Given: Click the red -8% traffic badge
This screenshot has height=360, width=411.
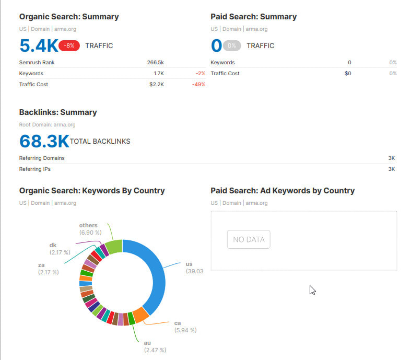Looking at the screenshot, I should tap(69, 45).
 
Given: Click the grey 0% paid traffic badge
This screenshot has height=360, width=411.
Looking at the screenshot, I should tap(232, 45).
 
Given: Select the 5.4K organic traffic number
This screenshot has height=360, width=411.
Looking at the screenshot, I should tap(38, 46).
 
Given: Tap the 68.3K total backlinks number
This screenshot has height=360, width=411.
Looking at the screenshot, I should tap(44, 141).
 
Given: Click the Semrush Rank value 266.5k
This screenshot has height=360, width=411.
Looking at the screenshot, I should tap(156, 62).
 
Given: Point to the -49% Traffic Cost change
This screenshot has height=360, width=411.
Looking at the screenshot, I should tap(198, 84).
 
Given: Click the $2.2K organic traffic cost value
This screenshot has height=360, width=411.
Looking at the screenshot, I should tap(157, 84).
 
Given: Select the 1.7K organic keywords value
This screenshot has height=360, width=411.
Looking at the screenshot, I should tap(159, 73).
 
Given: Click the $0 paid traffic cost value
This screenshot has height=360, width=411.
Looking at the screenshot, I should tap(348, 73).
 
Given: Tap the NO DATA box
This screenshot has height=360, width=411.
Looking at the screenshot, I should tap(249, 240).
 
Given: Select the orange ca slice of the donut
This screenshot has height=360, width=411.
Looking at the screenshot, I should tap(140, 315).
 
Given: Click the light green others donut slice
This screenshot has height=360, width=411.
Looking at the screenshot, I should tap(114, 246).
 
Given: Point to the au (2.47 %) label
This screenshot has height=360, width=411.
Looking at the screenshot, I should tap(155, 346).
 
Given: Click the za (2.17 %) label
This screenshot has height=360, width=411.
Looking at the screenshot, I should tap(48, 269).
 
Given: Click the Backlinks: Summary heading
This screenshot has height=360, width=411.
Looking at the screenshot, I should tap(58, 112).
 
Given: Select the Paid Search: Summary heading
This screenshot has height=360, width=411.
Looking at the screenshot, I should tap(253, 17).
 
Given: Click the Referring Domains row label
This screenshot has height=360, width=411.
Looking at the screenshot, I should tap(42, 158).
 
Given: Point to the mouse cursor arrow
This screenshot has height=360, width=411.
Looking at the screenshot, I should tap(312, 290).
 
